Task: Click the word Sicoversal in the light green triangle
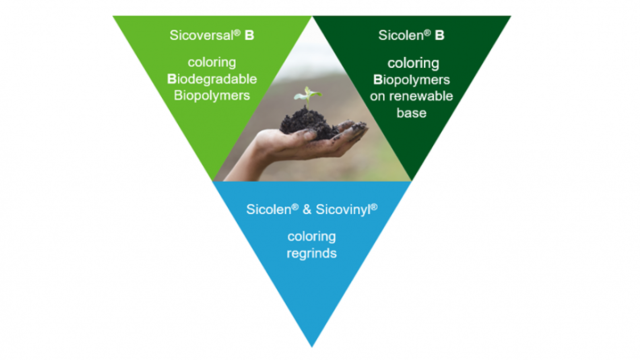(x=201, y=35)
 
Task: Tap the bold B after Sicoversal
(x=249, y=35)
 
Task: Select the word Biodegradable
(x=212, y=79)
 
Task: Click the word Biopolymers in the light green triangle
(x=212, y=95)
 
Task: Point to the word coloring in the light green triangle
(x=212, y=62)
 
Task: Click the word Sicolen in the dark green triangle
(x=401, y=35)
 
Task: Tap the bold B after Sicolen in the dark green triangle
(x=439, y=35)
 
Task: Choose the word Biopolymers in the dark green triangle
(x=411, y=79)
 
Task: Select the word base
(x=411, y=113)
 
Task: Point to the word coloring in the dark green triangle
(x=413, y=63)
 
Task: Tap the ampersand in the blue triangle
(x=307, y=209)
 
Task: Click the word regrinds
(x=311, y=253)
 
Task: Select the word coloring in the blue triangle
(x=311, y=237)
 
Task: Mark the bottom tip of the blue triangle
(x=312, y=347)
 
